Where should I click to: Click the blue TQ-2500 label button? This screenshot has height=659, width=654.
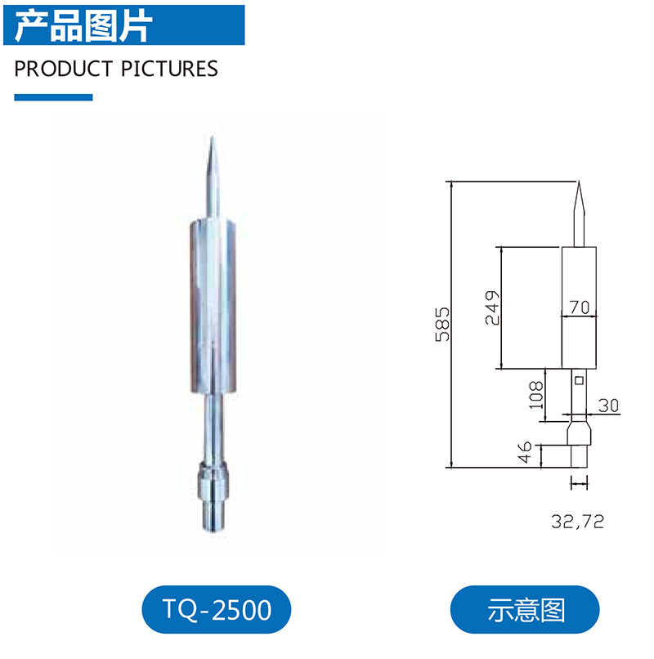(x=216, y=609)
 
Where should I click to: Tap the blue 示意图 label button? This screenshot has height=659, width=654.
(x=525, y=609)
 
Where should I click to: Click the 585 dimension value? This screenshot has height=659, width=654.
(x=442, y=325)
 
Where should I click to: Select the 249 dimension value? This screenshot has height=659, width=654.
(x=492, y=307)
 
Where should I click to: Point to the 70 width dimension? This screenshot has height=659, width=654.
(x=580, y=307)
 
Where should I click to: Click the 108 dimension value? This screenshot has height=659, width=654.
(x=536, y=395)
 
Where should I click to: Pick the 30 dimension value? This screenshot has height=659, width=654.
(x=608, y=406)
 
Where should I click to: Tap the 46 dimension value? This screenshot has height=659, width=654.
(x=525, y=452)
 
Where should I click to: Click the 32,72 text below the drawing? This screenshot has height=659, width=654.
(x=577, y=522)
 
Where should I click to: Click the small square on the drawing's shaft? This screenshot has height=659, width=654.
(x=579, y=380)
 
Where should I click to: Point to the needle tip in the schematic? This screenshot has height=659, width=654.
(x=579, y=182)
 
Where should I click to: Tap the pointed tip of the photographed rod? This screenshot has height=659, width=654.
(x=212, y=137)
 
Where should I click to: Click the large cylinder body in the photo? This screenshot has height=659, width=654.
(x=213, y=306)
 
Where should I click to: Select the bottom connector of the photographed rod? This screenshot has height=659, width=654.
(x=213, y=496)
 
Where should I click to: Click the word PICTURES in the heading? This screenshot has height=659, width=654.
(x=169, y=69)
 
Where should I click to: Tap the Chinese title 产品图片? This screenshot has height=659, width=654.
(x=83, y=26)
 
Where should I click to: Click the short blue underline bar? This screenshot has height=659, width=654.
(x=53, y=97)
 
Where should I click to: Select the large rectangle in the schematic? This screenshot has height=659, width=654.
(x=579, y=307)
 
